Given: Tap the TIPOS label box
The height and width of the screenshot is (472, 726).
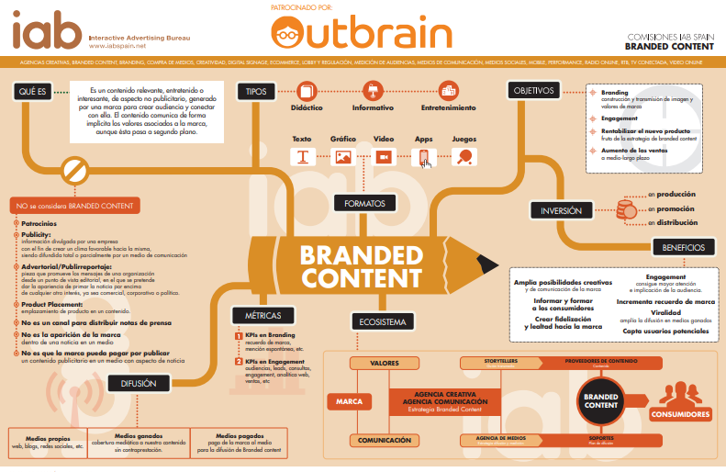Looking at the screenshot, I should [256, 91].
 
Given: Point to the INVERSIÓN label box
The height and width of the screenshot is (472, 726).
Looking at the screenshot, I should [561, 211].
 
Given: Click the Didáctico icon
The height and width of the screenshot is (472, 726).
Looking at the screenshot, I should [307, 91].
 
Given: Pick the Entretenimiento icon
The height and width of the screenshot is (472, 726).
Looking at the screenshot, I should [448, 91].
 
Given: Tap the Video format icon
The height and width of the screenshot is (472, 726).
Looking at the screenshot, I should [383, 157].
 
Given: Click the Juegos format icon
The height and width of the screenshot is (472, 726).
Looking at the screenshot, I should [464, 157].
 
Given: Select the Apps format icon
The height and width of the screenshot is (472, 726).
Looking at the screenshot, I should [424, 158].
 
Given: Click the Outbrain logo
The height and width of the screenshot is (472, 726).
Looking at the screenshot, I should [362, 34].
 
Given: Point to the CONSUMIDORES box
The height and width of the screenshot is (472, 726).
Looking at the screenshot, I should [681, 415].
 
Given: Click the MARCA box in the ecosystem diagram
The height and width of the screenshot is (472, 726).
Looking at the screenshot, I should [349, 401].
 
